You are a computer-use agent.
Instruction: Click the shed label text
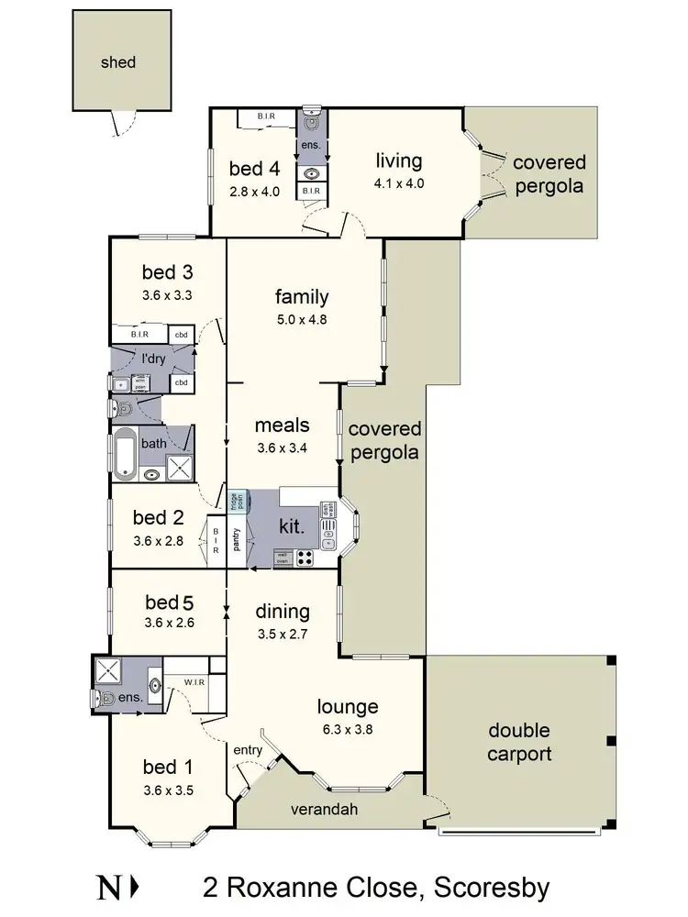point(118,62)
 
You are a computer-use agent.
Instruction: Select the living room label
point(399,161)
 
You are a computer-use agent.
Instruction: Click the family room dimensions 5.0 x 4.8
point(302,320)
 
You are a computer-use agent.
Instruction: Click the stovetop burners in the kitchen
point(305,556)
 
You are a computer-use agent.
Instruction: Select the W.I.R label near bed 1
point(193,681)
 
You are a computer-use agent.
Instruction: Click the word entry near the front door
point(249,750)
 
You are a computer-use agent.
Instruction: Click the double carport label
point(519,743)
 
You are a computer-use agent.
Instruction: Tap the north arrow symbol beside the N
point(135,888)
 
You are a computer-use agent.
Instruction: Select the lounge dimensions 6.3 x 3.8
point(348,730)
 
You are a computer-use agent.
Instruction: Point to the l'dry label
point(153,359)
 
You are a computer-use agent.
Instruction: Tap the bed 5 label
point(170,602)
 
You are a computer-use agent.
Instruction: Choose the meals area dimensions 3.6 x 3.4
point(282,449)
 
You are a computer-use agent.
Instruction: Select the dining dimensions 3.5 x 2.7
point(282,634)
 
